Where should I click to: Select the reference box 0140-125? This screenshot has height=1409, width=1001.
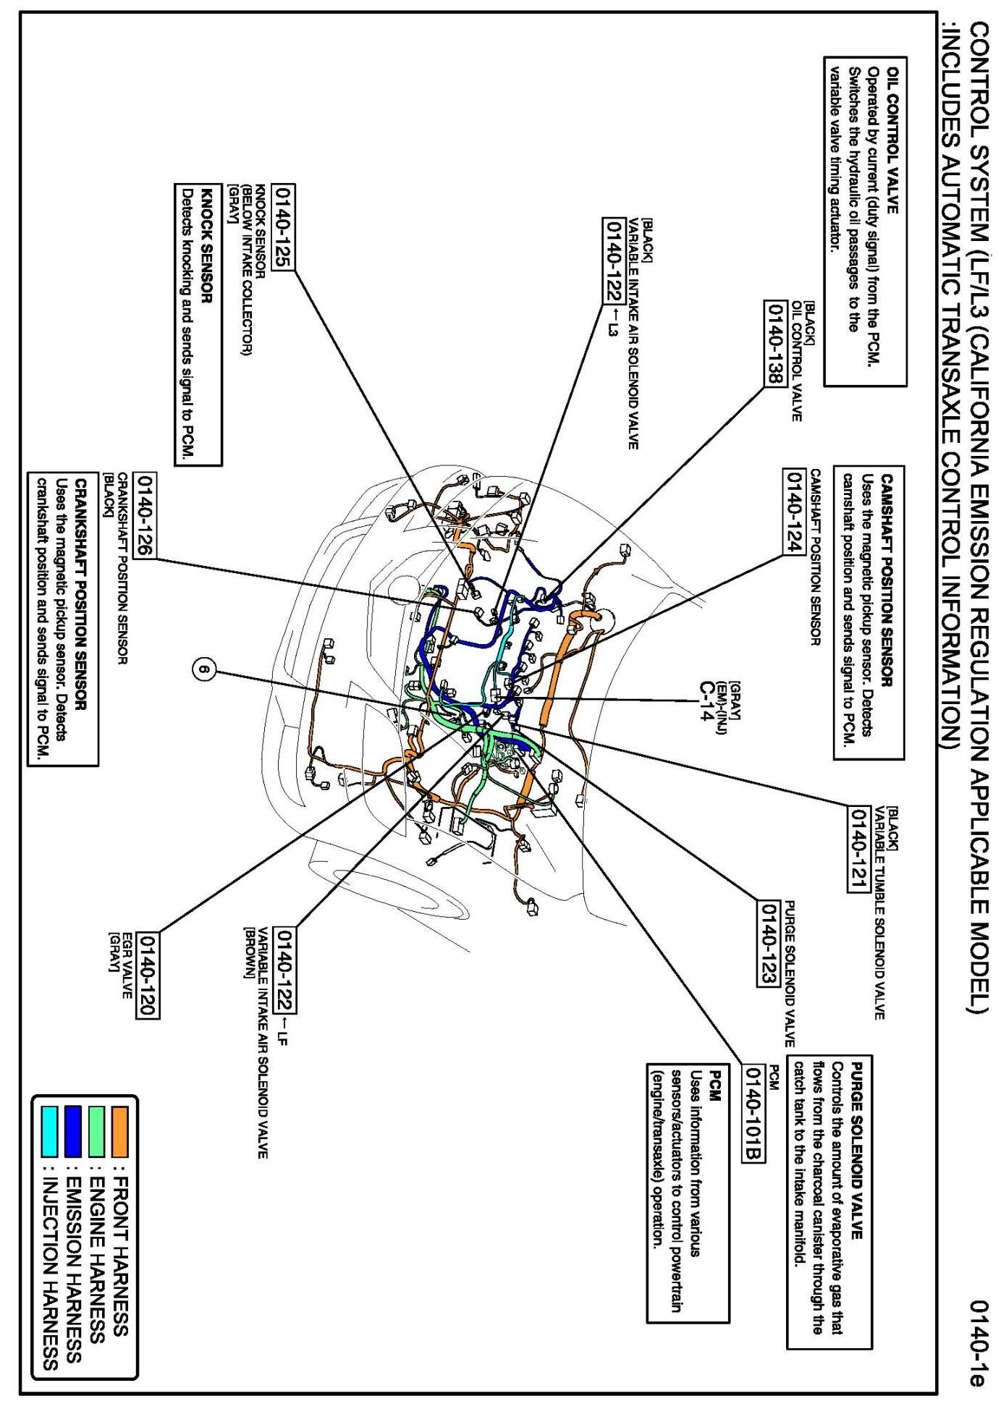coord(282,227)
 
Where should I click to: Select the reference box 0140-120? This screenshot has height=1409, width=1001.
coord(149,975)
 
